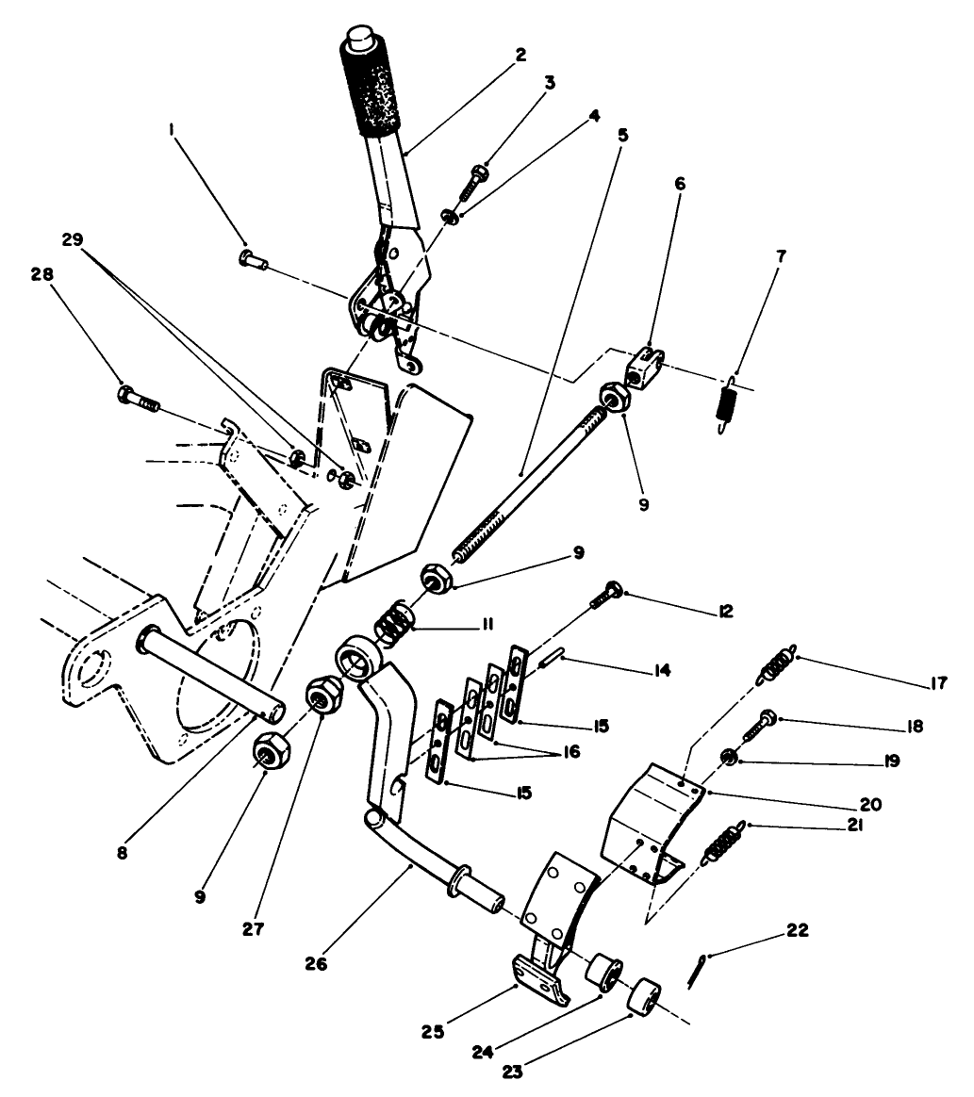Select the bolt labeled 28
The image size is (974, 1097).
tap(139, 397)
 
